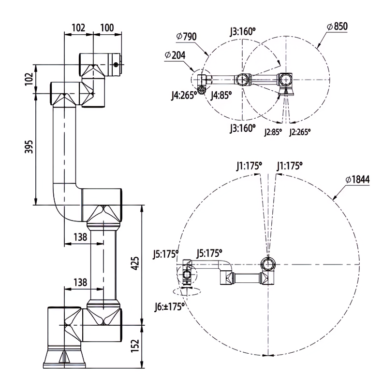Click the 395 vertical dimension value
pyautogui.click(x=29, y=147)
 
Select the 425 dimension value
pyautogui.click(x=135, y=263)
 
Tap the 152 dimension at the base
pyautogui.click(x=135, y=346)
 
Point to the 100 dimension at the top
pyautogui.click(x=107, y=28)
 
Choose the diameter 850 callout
pyautogui.click(x=338, y=26)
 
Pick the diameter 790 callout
pyautogui.click(x=187, y=36)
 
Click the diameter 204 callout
pyautogui.click(x=175, y=55)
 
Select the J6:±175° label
pyautogui.click(x=170, y=307)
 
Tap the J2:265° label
pyautogui.click(x=300, y=132)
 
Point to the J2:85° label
pyautogui.click(x=273, y=132)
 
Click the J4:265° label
pyautogui.click(x=184, y=95)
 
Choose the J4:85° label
pyautogui.click(x=221, y=95)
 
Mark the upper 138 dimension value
pyautogui.click(x=81, y=237)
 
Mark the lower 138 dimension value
pyautogui.click(x=81, y=282)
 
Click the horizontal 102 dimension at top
pyautogui.click(x=78, y=28)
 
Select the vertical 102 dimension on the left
pyautogui.click(x=29, y=79)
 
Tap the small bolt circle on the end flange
pyautogui.click(x=116, y=65)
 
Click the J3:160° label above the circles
pyautogui.click(x=242, y=32)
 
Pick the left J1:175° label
pyautogui.click(x=249, y=166)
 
